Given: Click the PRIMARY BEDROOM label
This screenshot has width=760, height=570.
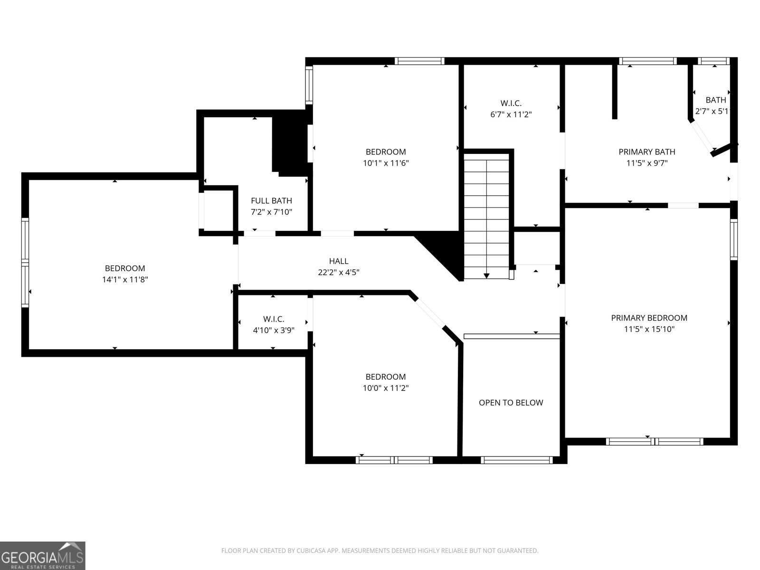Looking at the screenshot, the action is click(x=649, y=318).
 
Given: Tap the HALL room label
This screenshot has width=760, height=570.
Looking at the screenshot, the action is click(x=339, y=261).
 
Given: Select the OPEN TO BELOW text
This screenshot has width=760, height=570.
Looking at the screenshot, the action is click(x=511, y=402).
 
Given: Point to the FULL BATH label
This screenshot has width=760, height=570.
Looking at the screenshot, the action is click(x=271, y=201).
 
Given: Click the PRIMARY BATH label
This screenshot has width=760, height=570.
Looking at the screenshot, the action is click(x=647, y=152).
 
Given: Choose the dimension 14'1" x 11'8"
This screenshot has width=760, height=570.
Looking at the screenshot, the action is click(x=125, y=279).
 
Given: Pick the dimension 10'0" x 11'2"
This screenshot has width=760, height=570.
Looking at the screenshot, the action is click(x=386, y=388).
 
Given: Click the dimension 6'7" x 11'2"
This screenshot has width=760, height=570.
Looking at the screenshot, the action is click(x=511, y=114).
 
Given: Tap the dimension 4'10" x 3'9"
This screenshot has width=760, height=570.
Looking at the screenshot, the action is click(x=274, y=330).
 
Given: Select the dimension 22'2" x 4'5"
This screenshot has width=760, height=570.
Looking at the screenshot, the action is click(x=339, y=272).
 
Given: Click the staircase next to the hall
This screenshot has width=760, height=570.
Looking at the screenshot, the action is click(x=486, y=216).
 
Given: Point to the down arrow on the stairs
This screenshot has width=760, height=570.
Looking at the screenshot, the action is click(x=486, y=276).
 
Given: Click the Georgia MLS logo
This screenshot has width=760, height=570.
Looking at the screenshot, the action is click(x=43, y=555).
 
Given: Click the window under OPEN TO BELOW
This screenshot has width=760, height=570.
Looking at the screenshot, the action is click(x=517, y=460).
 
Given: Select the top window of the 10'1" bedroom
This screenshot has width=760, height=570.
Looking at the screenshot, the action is click(x=419, y=61).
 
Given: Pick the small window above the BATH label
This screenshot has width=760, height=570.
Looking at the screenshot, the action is click(x=713, y=61).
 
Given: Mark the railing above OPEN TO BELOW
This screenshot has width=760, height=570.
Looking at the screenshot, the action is click(x=512, y=336).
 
